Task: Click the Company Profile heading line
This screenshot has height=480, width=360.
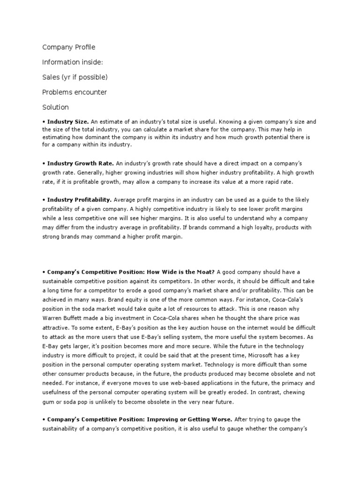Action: click(68, 47)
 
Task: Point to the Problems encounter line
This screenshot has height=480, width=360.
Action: click(75, 92)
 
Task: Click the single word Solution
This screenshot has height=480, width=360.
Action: click(55, 107)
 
